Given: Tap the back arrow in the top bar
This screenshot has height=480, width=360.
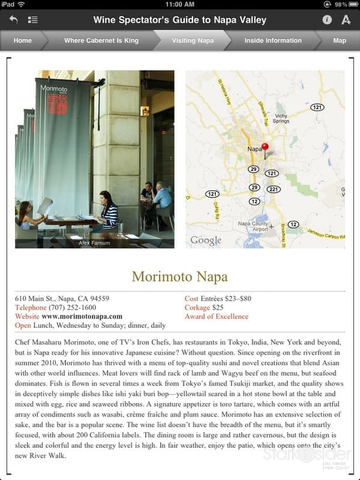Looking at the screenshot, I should click(13, 20).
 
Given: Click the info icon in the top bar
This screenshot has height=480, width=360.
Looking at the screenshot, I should click(327, 20).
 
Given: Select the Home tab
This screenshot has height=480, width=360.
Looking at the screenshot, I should click(23, 41).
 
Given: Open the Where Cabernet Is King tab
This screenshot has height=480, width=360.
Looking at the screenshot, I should click(101, 41).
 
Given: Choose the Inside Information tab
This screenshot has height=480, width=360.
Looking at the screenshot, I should click(273, 41).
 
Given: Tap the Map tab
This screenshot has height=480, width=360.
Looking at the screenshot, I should click(340, 41).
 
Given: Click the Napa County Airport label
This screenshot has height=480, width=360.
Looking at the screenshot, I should click(253, 227).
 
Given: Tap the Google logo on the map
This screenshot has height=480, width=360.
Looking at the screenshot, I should click(206, 241).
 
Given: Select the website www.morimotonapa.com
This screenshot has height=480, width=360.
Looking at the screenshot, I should click(82, 316).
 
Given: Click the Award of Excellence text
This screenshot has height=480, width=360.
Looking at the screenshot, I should click(216, 316).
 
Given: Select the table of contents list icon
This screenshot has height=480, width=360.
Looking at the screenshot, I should click(32, 20).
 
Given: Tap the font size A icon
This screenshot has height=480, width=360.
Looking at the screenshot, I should click(346, 20).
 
